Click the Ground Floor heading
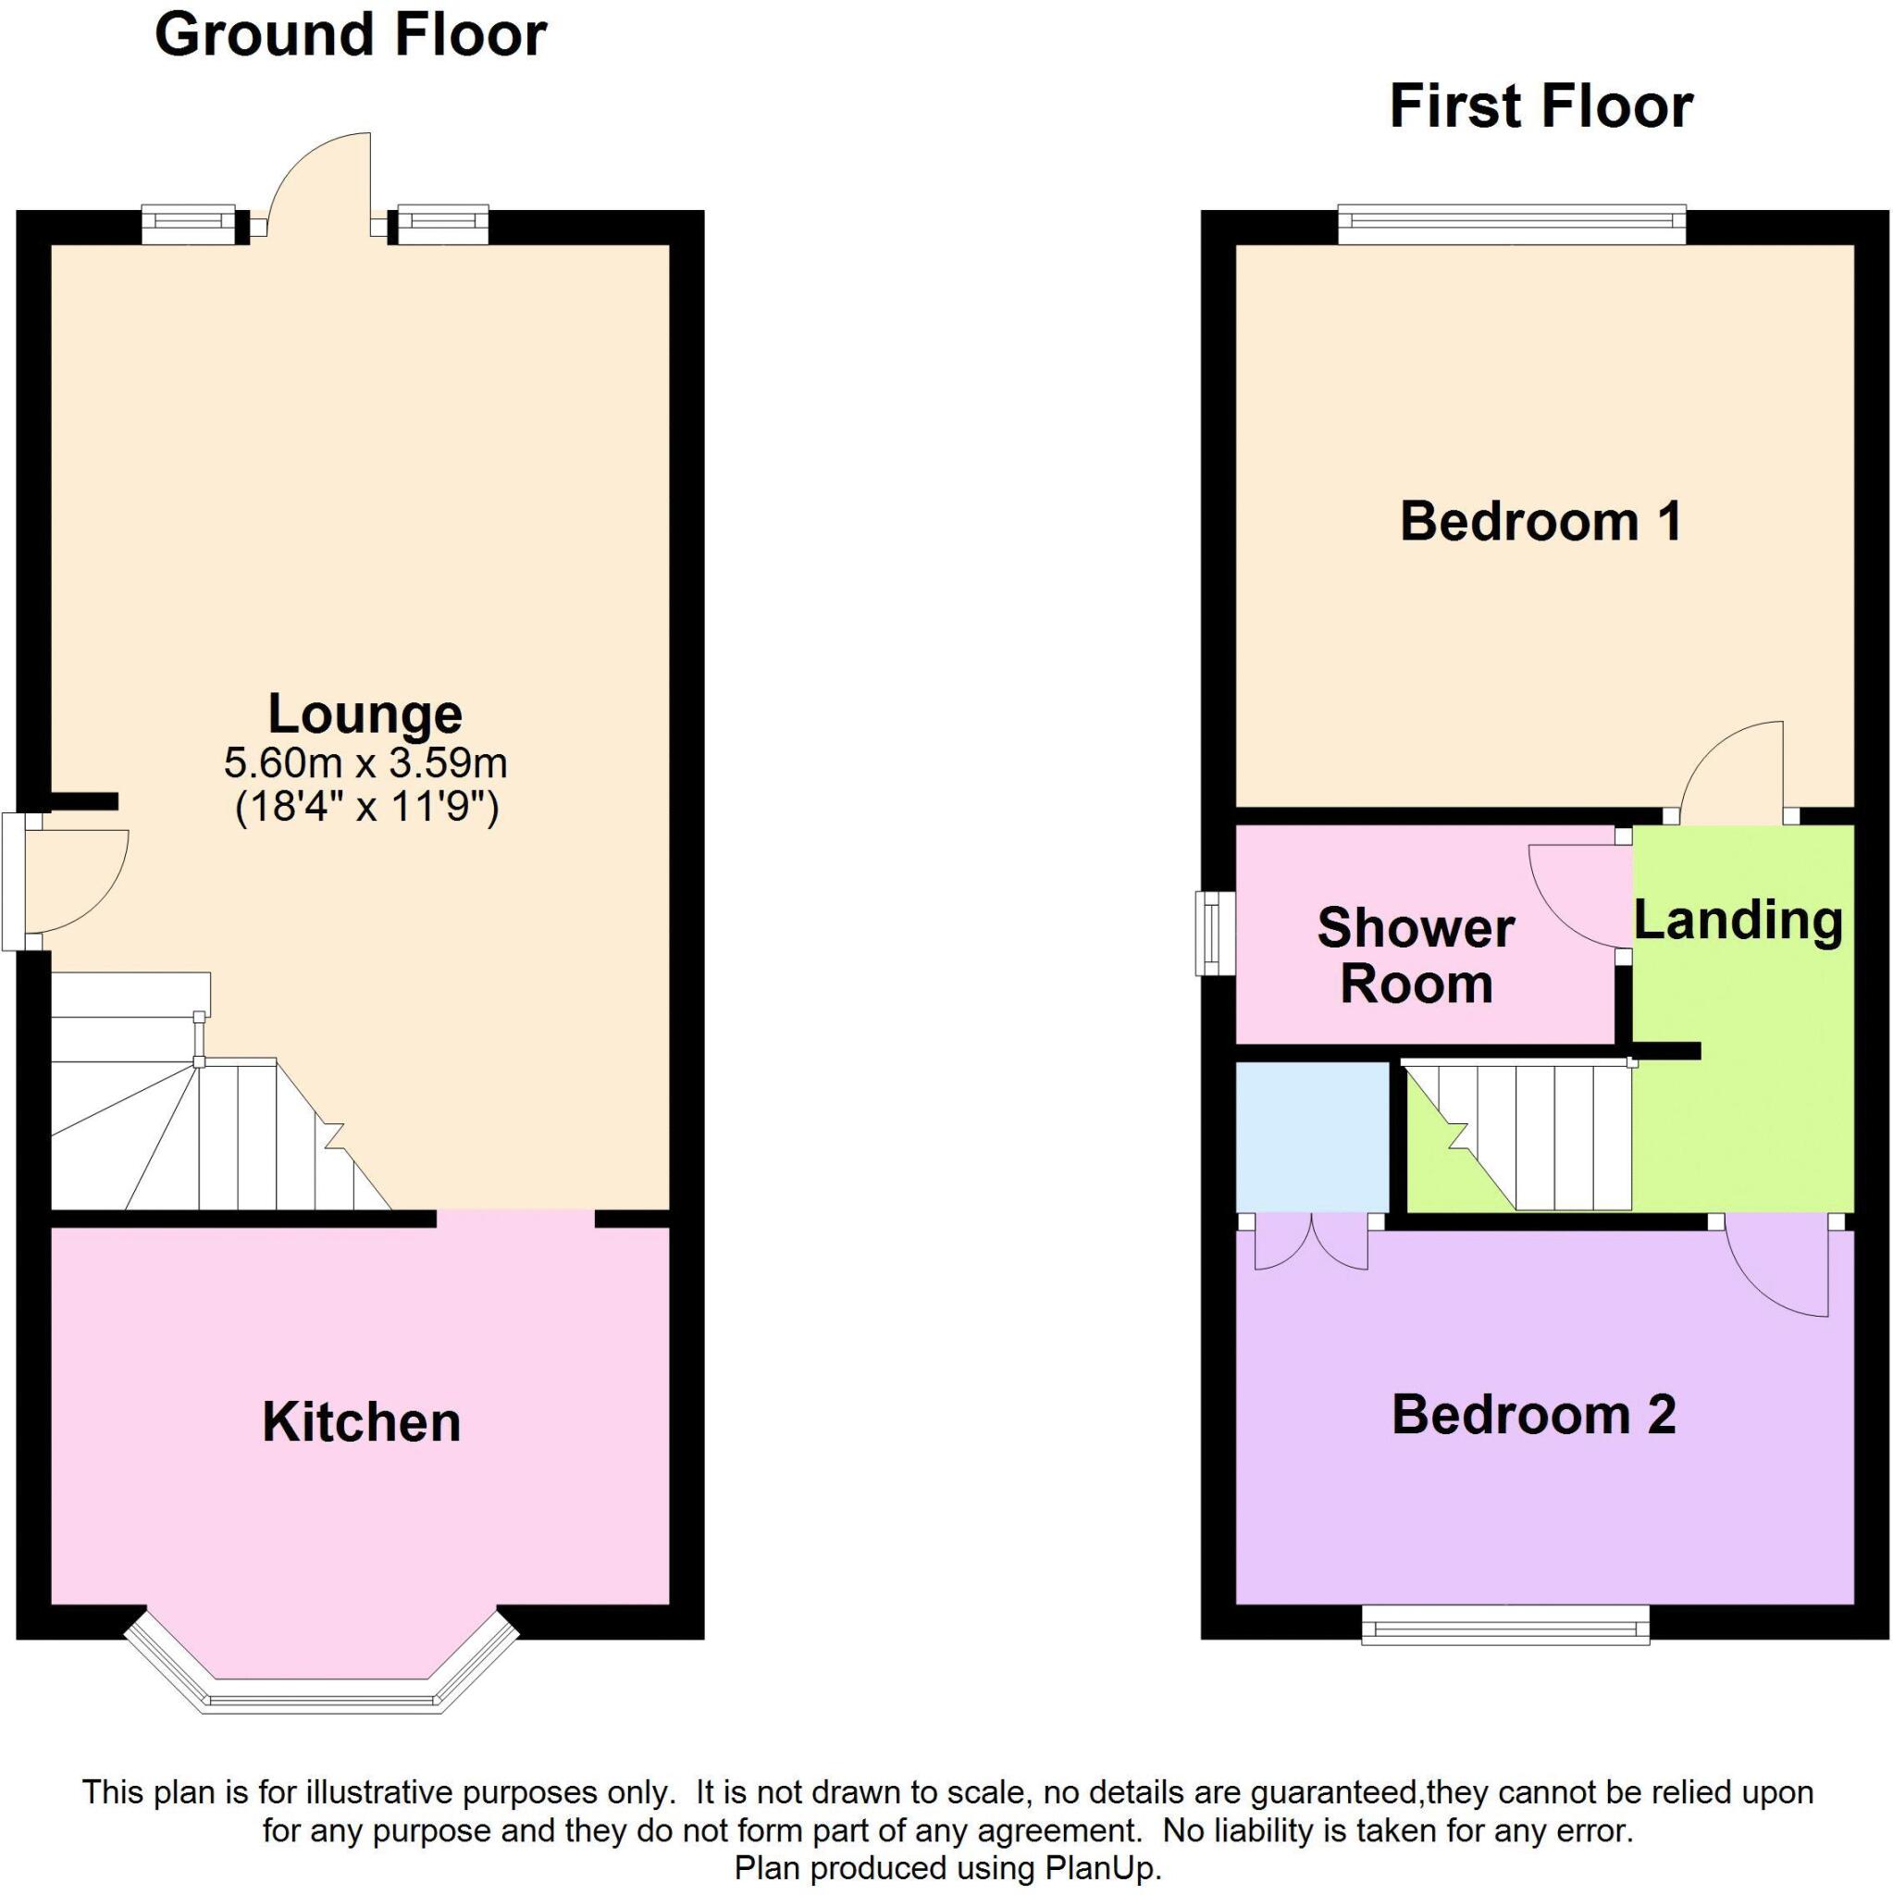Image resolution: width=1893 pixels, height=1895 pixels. [350, 36]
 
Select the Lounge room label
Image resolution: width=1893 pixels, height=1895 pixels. [364, 714]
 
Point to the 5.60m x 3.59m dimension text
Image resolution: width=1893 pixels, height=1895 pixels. [365, 762]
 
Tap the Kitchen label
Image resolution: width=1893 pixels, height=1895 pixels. [361, 1422]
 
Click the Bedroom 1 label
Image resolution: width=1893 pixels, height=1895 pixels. [1540, 521]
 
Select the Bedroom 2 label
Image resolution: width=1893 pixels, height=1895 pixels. [1533, 1415]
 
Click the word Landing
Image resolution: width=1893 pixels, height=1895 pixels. [1737, 920]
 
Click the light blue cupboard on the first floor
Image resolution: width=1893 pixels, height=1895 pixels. [1311, 1136]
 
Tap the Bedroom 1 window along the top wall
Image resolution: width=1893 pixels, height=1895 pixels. [1512, 225]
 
